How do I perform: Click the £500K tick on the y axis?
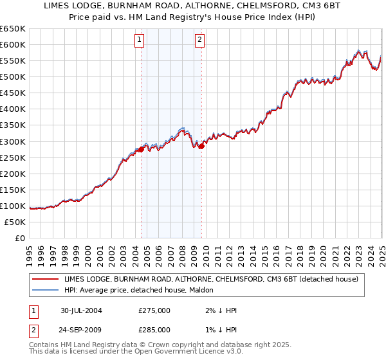(13, 77)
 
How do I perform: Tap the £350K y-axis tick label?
(13, 125)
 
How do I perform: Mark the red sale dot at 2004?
(141, 149)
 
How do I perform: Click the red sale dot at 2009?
(201, 146)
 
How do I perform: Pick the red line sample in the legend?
(44, 279)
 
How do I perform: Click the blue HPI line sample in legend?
(44, 290)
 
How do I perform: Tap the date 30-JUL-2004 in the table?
(81, 310)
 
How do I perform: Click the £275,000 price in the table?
(154, 310)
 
